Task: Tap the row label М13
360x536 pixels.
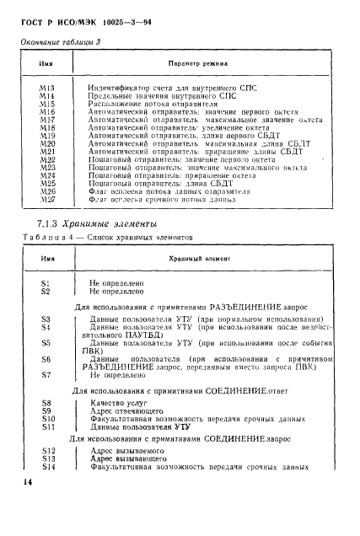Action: [x=47, y=87]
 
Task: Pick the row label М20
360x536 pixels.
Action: [x=47, y=144]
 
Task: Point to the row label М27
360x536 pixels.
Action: [x=47, y=202]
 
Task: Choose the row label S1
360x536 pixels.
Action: [x=46, y=283]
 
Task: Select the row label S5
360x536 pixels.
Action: [x=46, y=344]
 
